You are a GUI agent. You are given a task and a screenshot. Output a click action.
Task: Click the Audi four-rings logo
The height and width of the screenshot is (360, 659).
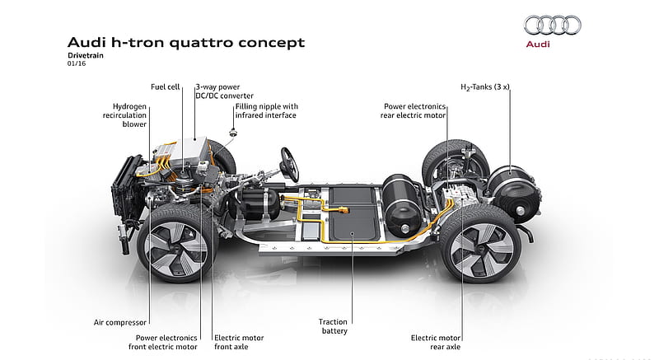pyautogui.click(x=552, y=26)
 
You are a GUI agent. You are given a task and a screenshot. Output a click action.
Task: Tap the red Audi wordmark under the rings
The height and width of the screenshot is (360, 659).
pyautogui.click(x=538, y=44)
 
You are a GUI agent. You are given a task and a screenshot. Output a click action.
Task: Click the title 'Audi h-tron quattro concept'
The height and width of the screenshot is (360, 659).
pyautogui.click(x=186, y=43)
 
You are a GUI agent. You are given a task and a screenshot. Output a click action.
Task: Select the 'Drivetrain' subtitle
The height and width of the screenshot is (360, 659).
pyautogui.click(x=86, y=55)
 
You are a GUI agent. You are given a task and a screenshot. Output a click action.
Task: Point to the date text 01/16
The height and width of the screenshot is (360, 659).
pyautogui.click(x=77, y=63)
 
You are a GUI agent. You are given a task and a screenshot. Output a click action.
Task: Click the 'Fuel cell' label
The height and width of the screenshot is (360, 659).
pyautogui.click(x=166, y=87)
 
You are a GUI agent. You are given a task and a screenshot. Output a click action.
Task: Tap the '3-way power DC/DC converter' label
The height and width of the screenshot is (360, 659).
pyautogui.click(x=224, y=91)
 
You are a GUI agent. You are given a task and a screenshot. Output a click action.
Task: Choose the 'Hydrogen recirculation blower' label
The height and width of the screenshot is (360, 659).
pyautogui.click(x=125, y=115)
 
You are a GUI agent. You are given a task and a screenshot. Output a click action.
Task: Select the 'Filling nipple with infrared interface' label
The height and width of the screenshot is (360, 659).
pyautogui.click(x=266, y=111)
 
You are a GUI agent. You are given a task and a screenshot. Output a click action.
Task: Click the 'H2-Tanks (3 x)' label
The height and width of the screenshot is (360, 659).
pyautogui.click(x=485, y=87)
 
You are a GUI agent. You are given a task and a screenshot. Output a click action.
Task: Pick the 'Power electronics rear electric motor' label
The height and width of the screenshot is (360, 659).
pyautogui.click(x=414, y=111)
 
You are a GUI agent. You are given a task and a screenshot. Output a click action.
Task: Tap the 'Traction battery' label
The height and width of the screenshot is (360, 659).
pyautogui.click(x=334, y=326)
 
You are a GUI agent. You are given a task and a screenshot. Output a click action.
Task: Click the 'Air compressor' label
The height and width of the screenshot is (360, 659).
pyautogui.click(x=120, y=323)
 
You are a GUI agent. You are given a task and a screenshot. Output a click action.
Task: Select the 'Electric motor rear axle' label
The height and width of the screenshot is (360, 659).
pyautogui.click(x=436, y=343)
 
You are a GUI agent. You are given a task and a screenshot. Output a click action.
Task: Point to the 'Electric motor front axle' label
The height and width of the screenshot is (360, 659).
pyautogui.click(x=239, y=343)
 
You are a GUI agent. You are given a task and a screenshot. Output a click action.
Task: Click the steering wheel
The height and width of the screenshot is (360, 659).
pyautogui.click(x=290, y=165)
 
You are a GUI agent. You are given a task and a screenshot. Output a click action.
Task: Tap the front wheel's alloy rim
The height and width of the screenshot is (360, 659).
pyautogui.click(x=175, y=248)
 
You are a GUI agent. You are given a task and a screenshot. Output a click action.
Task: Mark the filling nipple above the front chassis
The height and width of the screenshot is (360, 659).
pyautogui.click(x=231, y=133)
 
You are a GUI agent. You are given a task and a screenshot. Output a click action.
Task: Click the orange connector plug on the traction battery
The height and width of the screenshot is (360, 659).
pyautogui.click(x=344, y=208)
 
